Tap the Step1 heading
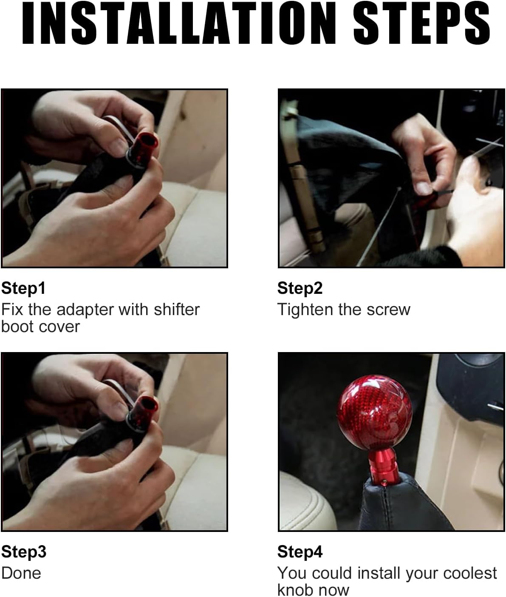23,289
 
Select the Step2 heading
300,289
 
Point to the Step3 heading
24,552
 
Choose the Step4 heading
300,552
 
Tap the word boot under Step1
17,327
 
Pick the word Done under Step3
21,574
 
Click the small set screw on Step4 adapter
384,482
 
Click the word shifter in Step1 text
177,310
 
